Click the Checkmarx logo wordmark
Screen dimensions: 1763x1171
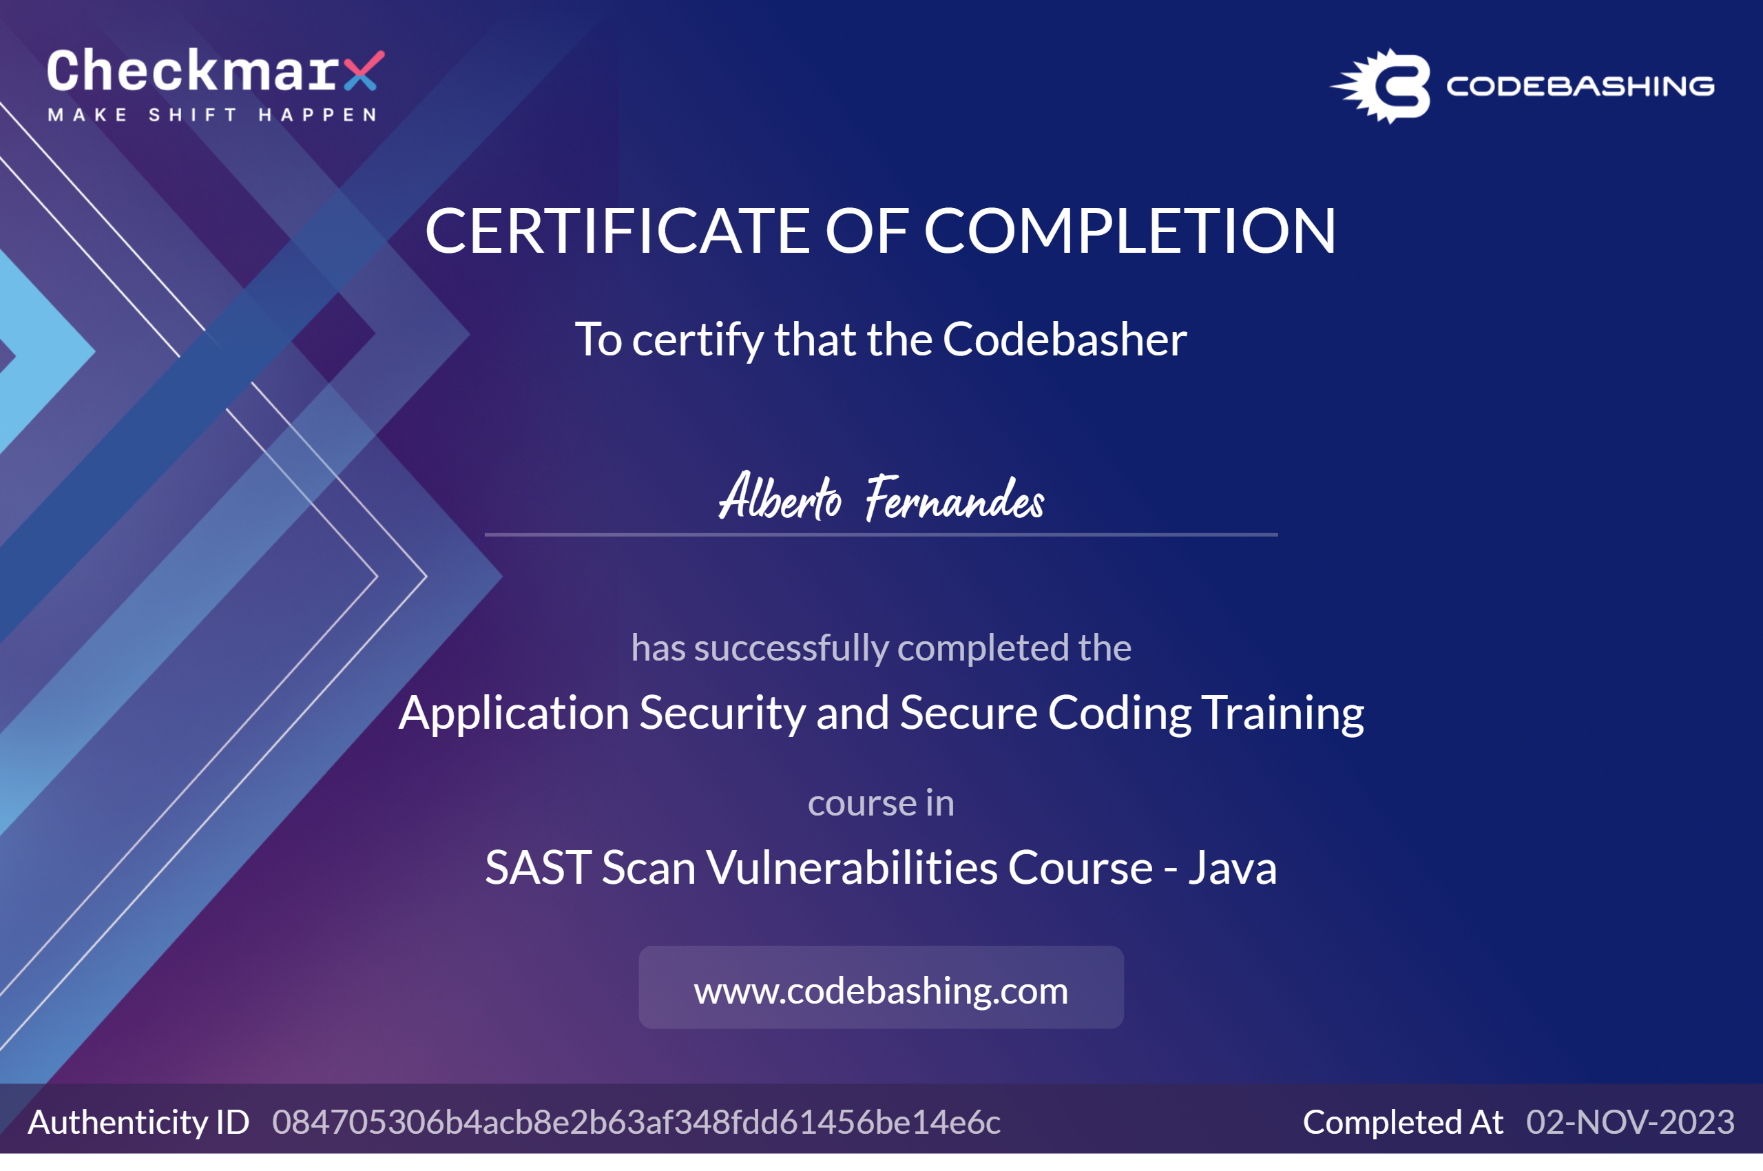tap(215, 71)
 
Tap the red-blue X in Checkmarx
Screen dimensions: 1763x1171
tap(364, 71)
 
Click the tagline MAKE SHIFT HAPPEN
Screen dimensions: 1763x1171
tap(213, 115)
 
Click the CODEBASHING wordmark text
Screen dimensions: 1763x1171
tap(1580, 87)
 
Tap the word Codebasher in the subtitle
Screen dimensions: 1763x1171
tap(1064, 340)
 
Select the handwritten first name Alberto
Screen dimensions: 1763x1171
tap(780, 496)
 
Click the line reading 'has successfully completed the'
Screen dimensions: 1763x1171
tap(881, 647)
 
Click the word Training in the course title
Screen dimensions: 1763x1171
tap(1283, 713)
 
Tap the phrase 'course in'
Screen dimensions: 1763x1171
tap(881, 804)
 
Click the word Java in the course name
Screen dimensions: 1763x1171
tap(1233, 868)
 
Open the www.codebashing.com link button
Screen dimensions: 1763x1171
tap(881, 987)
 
